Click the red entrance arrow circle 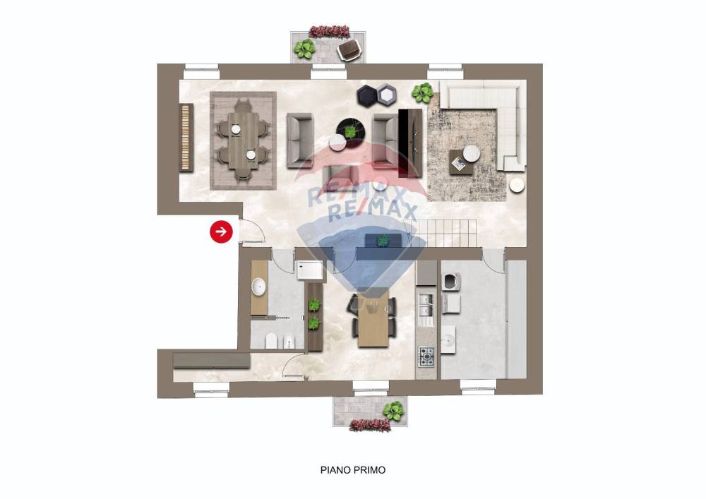(221, 232)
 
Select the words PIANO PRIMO (353, 470)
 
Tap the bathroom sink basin (258, 287)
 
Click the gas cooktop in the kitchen (426, 356)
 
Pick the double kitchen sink (426, 304)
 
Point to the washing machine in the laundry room (450, 282)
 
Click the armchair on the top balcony (349, 49)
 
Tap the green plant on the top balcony (304, 49)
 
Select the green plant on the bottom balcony (393, 410)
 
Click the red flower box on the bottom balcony (370, 425)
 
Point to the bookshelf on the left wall (186, 137)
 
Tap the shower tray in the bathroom (310, 270)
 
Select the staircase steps (445, 233)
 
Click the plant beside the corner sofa (422, 92)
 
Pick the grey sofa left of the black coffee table (300, 140)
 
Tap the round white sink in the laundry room (448, 340)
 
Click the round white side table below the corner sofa (517, 185)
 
